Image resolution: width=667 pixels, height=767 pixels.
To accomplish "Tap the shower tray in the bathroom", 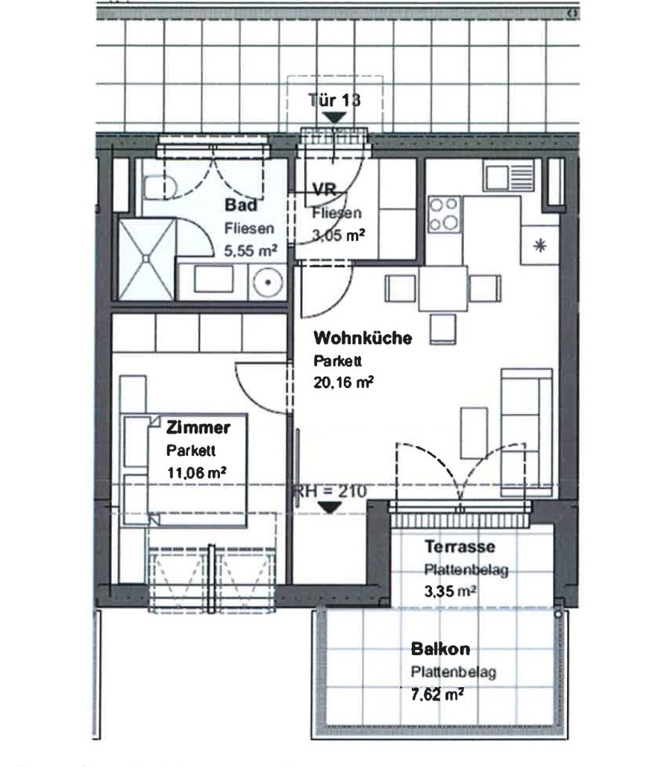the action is [146, 259].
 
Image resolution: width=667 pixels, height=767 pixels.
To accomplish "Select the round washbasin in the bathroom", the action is [268, 282].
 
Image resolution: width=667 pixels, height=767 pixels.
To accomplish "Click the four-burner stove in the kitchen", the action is [444, 214].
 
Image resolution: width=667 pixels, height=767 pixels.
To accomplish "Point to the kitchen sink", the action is [509, 175].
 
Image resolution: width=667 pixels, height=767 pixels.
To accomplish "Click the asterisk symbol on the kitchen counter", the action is [540, 245].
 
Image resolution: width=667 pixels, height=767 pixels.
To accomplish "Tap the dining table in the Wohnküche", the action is [442, 289].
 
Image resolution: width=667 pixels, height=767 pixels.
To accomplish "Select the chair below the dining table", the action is [443, 329].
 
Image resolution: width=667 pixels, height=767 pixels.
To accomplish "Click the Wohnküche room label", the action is [363, 338].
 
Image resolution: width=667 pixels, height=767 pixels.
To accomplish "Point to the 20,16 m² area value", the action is [343, 382].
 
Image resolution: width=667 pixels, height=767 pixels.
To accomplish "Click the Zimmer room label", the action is [198, 428].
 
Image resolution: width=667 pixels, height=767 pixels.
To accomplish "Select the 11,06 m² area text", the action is [196, 473].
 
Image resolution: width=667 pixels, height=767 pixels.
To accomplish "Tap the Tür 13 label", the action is [334, 100].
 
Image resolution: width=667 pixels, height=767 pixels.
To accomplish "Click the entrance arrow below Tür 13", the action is [334, 118].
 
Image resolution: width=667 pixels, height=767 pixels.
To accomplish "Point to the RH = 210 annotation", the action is [330, 492].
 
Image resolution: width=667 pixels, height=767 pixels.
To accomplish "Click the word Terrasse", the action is [460, 546].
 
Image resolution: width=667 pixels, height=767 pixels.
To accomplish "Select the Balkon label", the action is [440, 649].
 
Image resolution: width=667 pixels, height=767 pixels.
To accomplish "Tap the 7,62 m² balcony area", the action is [437, 694].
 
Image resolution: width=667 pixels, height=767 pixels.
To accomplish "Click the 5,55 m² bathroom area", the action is [251, 251].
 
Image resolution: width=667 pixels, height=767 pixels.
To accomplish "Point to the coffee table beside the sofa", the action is [474, 433].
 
